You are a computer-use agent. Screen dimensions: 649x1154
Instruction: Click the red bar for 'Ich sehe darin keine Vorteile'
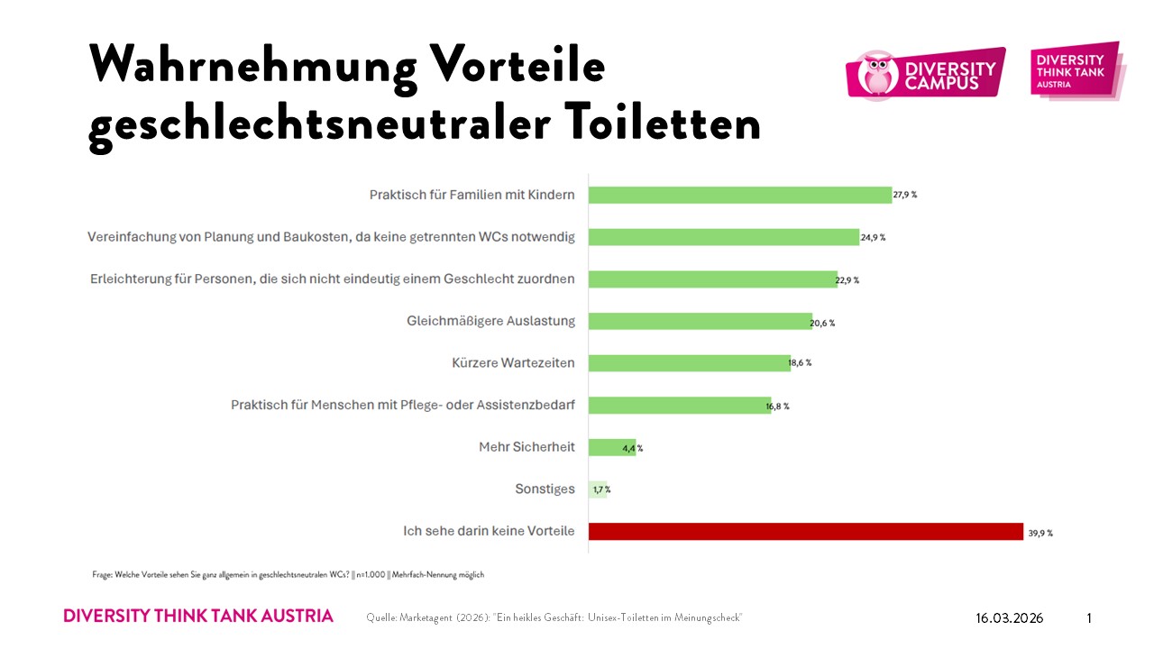pos(805,532)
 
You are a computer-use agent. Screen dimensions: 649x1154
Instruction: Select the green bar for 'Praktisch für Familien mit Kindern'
pos(739,195)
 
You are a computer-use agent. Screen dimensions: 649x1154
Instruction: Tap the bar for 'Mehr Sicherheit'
pos(612,447)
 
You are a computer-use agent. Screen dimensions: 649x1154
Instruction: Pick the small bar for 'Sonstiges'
pos(598,489)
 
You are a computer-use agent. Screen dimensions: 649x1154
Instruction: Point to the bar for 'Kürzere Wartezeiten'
pos(690,363)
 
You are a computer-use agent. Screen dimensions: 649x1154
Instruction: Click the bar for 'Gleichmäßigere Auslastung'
pos(701,322)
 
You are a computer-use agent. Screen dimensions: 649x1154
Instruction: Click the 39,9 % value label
pos(1040,533)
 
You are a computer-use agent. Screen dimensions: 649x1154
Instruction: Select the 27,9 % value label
pos(906,195)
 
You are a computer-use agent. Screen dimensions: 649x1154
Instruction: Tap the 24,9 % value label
pos(874,237)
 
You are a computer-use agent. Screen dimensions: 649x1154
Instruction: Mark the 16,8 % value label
pos(777,406)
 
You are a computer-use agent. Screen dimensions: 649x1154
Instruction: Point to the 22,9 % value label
pos(847,279)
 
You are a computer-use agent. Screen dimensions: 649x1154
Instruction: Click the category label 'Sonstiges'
pos(545,489)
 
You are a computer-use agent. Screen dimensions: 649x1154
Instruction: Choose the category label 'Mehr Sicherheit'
pos(527,447)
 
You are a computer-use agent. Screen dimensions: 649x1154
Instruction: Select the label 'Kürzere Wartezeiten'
pos(513,363)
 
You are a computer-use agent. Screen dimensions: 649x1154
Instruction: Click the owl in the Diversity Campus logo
pos(874,74)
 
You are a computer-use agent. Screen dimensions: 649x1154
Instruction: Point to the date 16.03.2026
pos(1009,618)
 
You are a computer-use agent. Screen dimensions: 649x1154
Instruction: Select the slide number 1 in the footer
pos(1089,618)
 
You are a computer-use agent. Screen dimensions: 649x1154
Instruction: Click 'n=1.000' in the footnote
pos(367,574)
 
